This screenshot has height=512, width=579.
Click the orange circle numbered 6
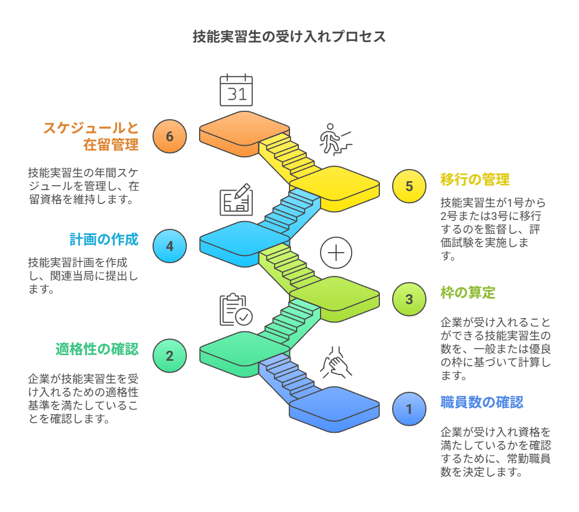point(170,136)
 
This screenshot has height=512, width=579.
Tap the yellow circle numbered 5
point(409,186)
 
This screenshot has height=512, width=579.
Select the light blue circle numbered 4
point(170,246)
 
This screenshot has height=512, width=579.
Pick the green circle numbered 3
point(409,299)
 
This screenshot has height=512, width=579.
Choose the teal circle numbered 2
point(170,356)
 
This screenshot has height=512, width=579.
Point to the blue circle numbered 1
point(409,409)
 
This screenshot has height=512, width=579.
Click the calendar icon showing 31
point(236,90)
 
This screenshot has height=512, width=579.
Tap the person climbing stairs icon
point(334,139)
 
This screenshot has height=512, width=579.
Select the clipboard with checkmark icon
point(236,310)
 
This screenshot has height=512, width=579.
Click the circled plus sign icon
point(336,253)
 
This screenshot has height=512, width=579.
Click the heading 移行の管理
point(475,180)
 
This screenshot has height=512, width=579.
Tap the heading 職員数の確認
point(481,402)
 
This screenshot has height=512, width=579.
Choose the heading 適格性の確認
point(97,349)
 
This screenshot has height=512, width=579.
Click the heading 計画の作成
point(104,239)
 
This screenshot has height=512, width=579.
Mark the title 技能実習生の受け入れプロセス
point(289,37)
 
